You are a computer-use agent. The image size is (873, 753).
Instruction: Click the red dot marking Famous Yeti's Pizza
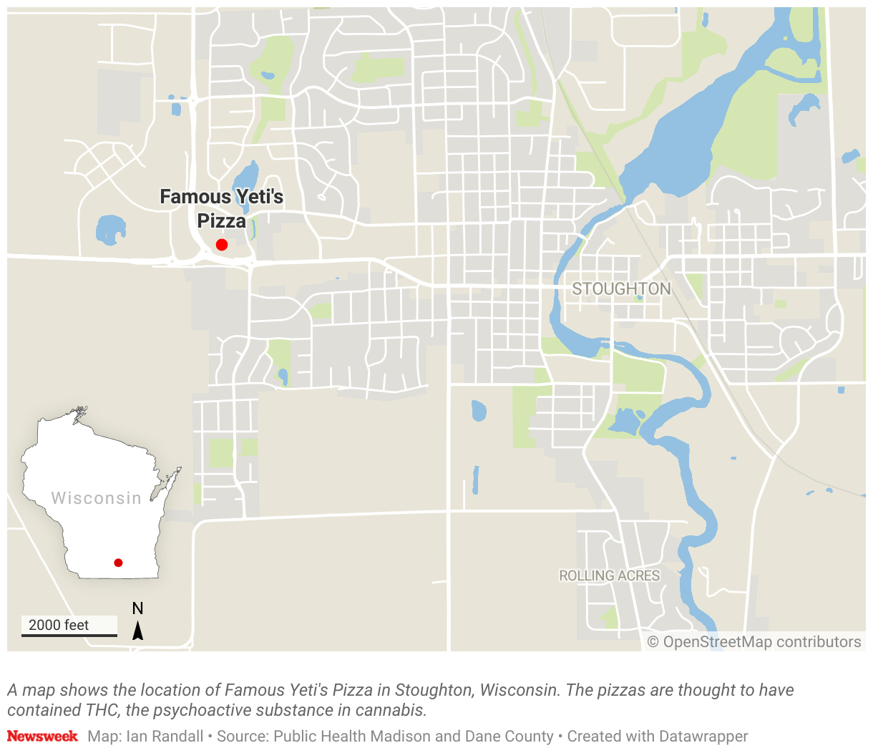(x=222, y=245)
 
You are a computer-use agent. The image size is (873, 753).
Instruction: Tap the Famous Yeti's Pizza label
(x=222, y=208)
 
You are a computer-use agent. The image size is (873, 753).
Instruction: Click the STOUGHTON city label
(x=621, y=289)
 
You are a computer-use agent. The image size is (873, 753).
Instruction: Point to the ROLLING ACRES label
(x=609, y=575)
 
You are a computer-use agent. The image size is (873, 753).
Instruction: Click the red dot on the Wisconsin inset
(x=118, y=563)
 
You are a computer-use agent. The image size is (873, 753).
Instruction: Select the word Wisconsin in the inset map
(x=96, y=498)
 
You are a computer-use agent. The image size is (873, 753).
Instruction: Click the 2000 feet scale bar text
(x=59, y=625)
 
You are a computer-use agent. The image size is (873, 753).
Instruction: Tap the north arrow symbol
(x=137, y=631)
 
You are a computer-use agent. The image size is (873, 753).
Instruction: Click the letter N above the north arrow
(x=137, y=608)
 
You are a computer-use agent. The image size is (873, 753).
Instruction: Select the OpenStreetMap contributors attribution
(x=754, y=642)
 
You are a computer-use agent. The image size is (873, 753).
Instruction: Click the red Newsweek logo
(x=42, y=736)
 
